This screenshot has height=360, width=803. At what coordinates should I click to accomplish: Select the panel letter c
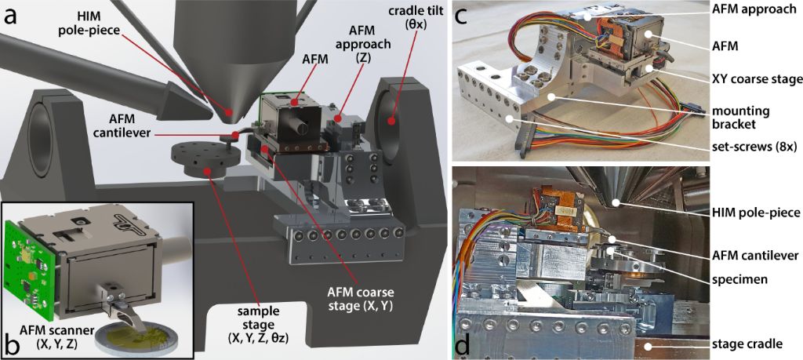tap(463, 19)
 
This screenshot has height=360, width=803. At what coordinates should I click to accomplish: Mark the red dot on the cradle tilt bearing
tap(391, 122)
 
